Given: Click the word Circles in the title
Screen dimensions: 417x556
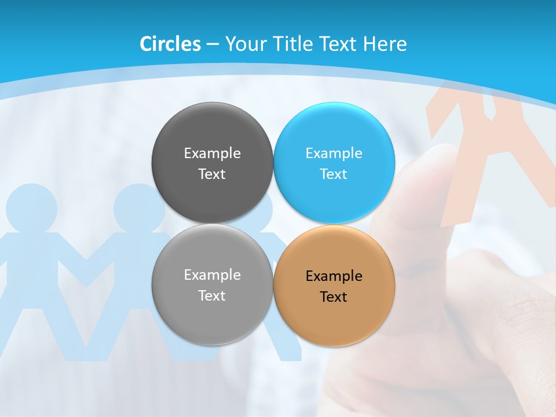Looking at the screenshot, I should (x=170, y=44).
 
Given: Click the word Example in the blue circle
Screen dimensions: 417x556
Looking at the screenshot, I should (x=334, y=153).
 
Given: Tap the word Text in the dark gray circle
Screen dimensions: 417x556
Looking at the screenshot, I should (x=212, y=174).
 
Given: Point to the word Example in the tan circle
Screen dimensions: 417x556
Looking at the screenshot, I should (x=334, y=276).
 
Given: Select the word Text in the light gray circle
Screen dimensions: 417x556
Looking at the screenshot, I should (x=212, y=296).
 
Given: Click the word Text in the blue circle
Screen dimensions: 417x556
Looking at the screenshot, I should (x=334, y=174).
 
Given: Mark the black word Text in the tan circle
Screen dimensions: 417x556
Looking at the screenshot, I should (x=334, y=297).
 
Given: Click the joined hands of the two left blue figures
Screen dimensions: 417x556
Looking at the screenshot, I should (x=86, y=272).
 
